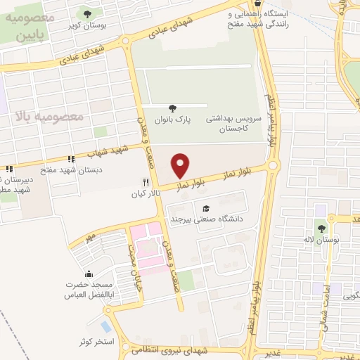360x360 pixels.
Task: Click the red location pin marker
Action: (x=181, y=165)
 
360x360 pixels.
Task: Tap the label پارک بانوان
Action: (x=173, y=120)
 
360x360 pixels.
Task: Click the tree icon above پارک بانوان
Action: (x=173, y=108)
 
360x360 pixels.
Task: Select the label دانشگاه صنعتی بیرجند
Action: (x=206, y=219)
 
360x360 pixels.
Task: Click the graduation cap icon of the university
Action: (x=206, y=208)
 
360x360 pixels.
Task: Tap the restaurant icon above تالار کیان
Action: (x=145, y=181)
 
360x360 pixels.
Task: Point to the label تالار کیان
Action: (x=146, y=192)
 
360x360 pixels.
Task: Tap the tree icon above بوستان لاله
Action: (x=322, y=228)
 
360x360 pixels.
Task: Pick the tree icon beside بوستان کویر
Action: (x=87, y=13)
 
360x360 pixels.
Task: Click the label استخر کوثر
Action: (x=96, y=341)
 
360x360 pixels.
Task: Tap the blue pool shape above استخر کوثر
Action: (x=105, y=327)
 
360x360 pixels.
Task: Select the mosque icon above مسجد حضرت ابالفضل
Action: (x=87, y=273)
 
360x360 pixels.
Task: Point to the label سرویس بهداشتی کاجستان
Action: (x=234, y=124)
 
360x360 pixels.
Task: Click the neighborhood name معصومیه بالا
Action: (x=47, y=115)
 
